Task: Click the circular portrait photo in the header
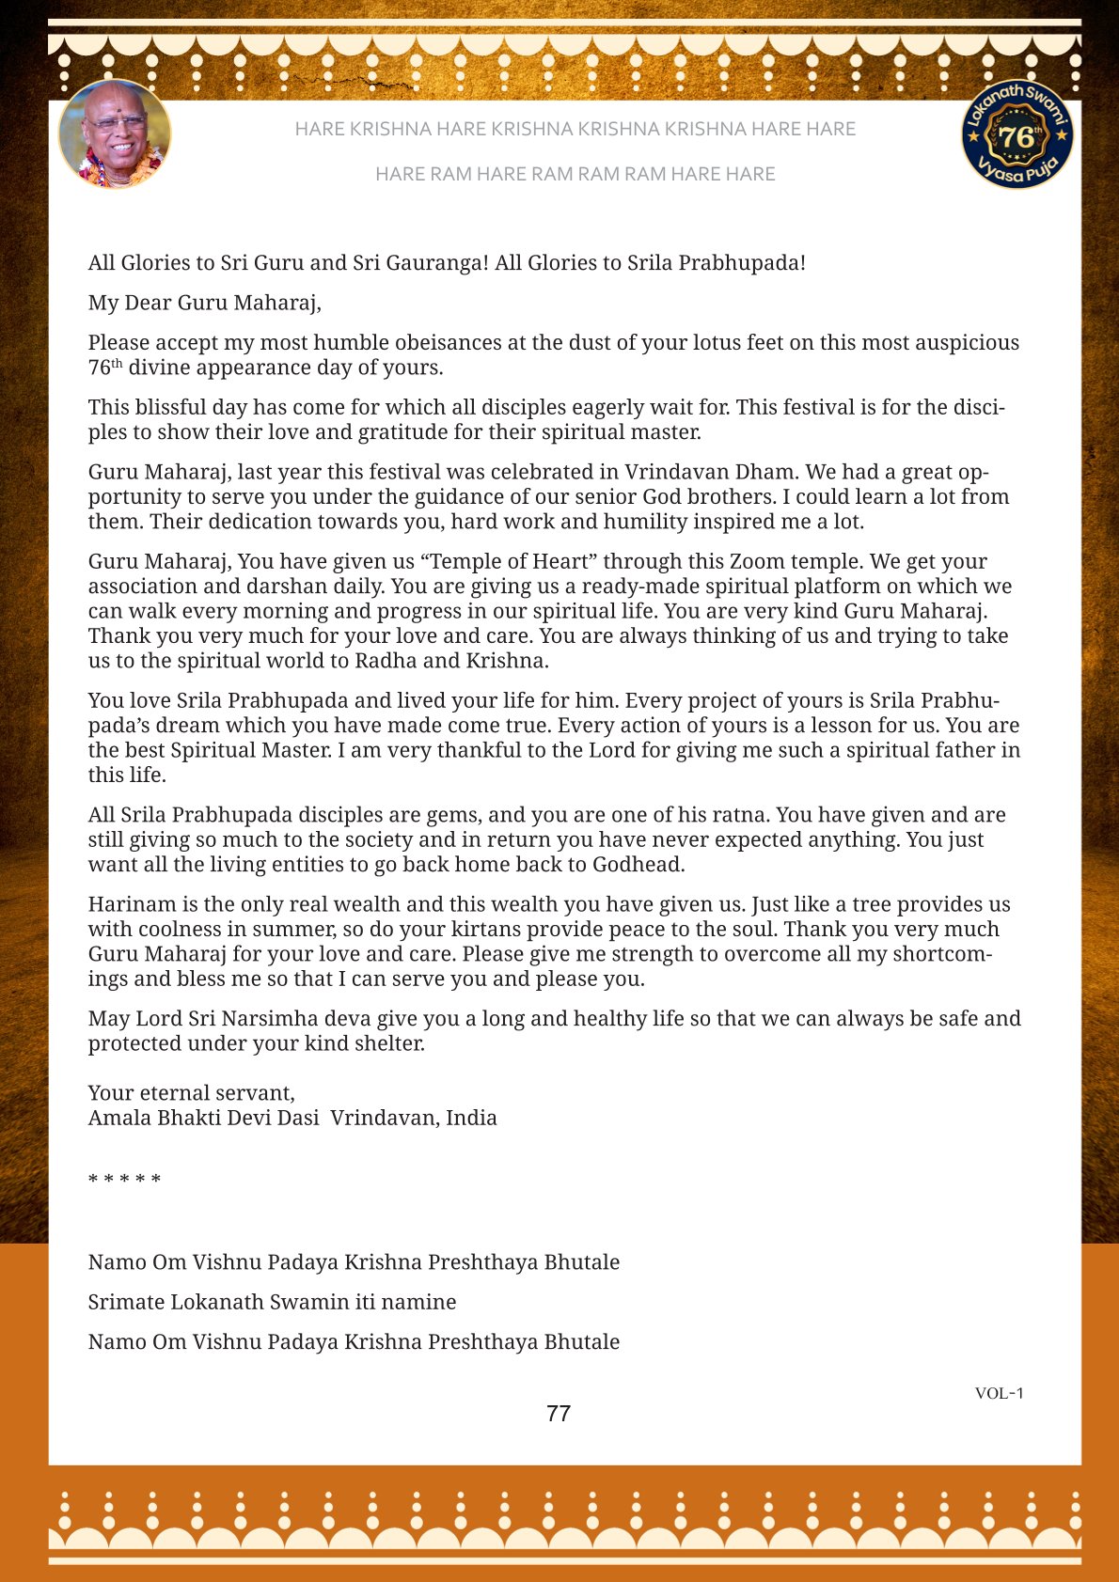[x=115, y=133]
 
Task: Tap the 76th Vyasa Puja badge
[x=1017, y=133]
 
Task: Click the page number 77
[x=559, y=1414]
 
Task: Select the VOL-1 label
[x=999, y=1393]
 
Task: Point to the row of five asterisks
[x=124, y=1179]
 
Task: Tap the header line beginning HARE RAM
[x=575, y=174]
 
